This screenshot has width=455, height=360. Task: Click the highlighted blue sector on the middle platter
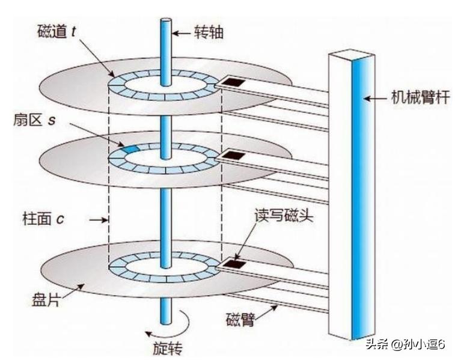click(130, 147)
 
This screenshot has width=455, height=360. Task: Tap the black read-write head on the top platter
click(232, 81)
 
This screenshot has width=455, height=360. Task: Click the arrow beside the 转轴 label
click(183, 32)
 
